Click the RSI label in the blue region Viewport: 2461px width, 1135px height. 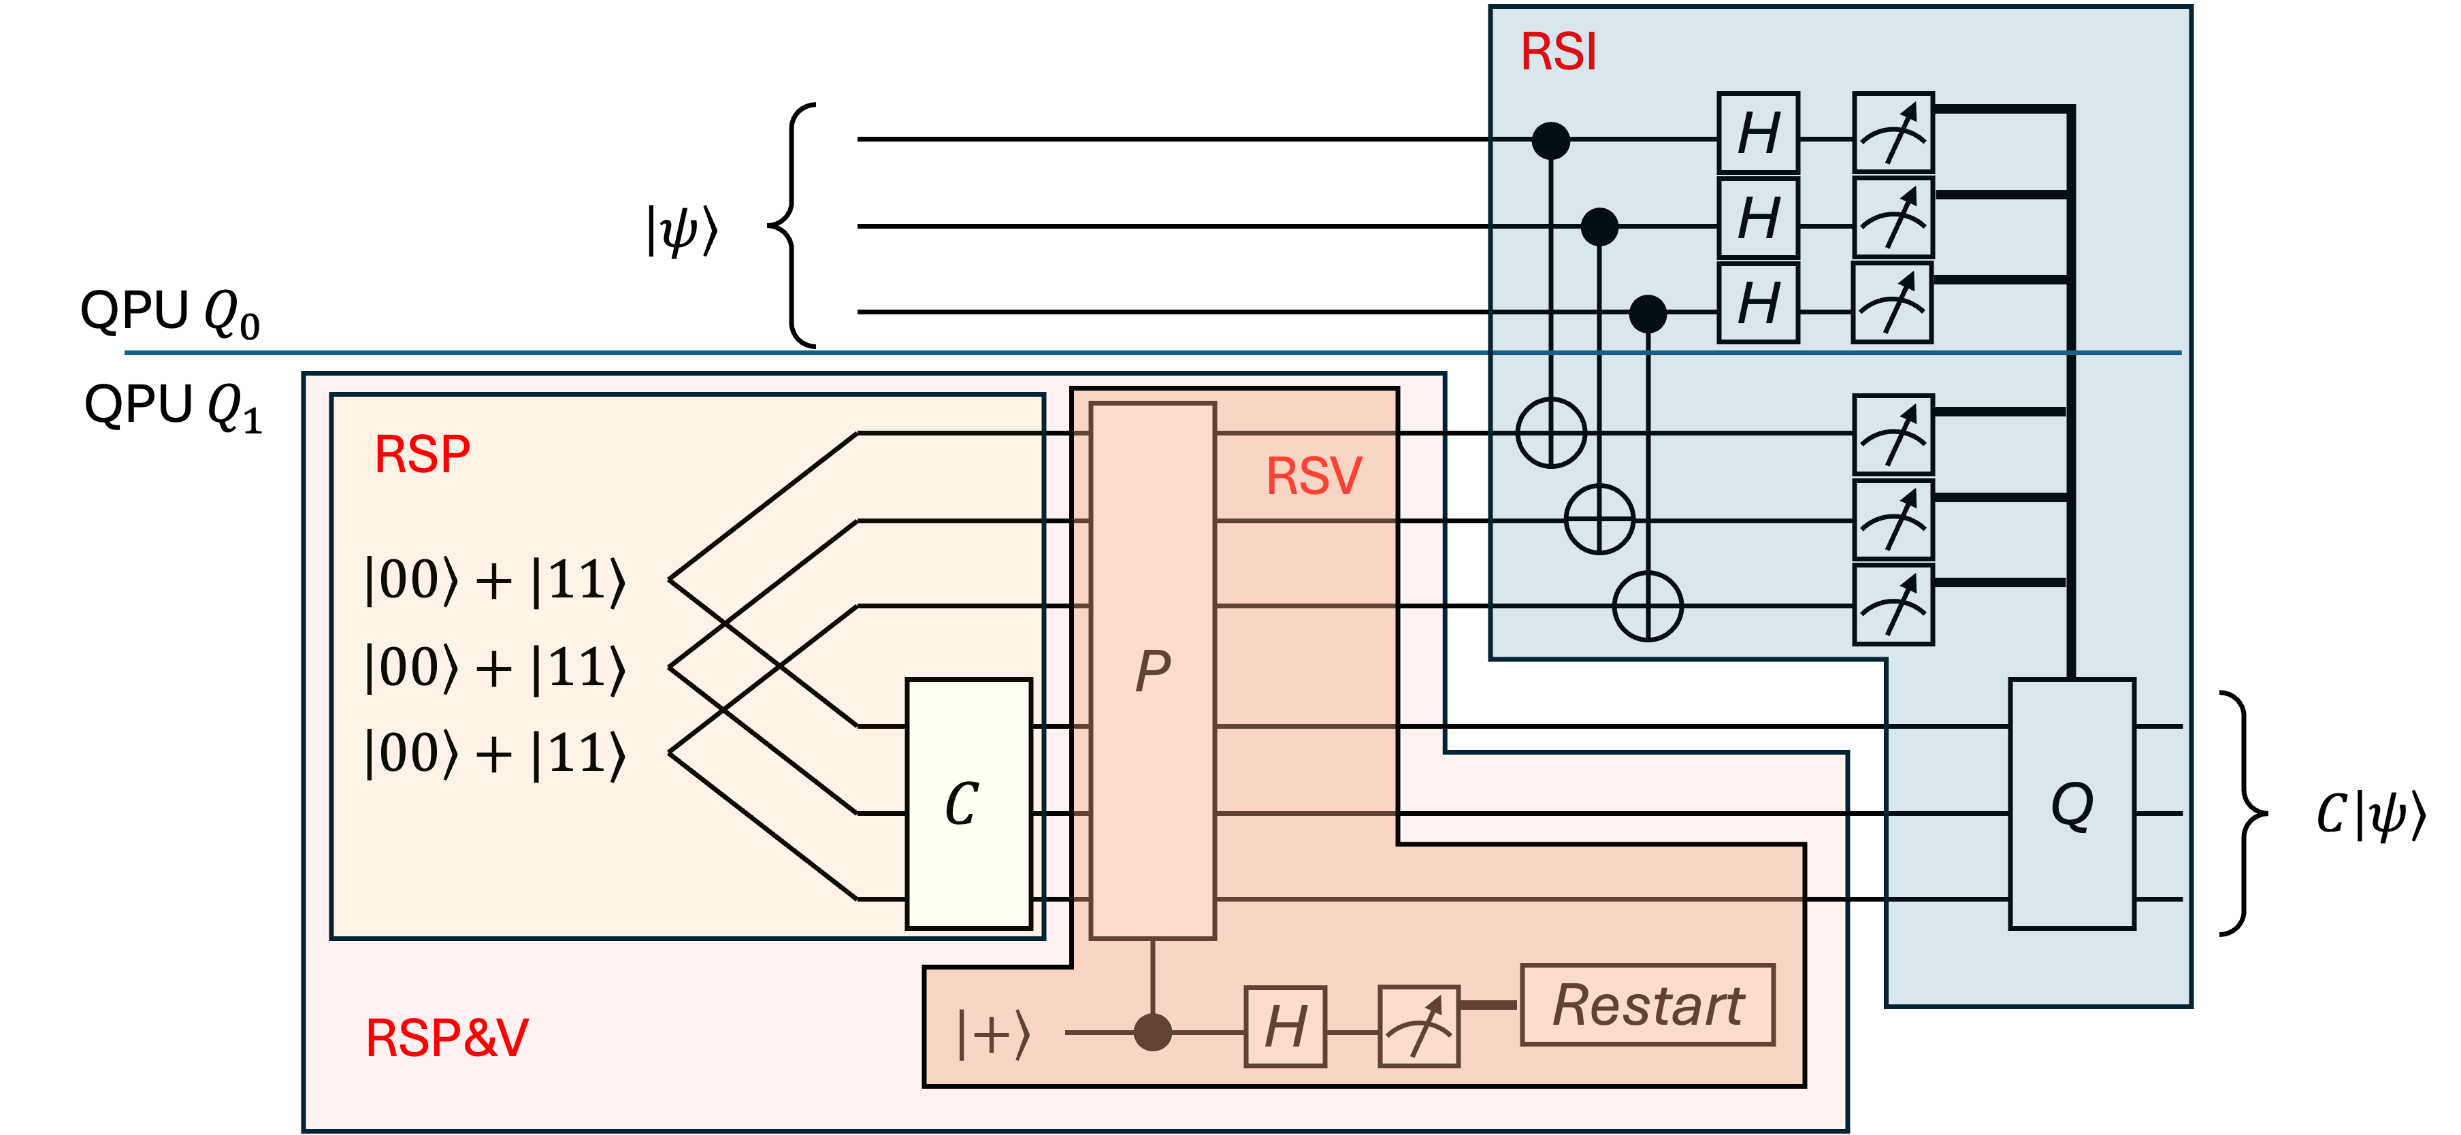(x=1558, y=52)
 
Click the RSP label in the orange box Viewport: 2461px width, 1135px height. (x=421, y=454)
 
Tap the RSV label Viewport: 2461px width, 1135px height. (x=1314, y=476)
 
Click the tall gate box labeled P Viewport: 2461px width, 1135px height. (x=1152, y=671)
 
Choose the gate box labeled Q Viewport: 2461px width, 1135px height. (x=2071, y=804)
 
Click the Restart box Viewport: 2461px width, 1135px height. (x=1647, y=1005)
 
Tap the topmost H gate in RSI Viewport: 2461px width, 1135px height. (x=1758, y=133)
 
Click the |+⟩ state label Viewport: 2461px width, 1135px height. (x=994, y=1034)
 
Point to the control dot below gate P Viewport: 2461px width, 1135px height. (x=1152, y=1032)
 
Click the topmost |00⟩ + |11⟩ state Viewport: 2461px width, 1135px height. (x=495, y=580)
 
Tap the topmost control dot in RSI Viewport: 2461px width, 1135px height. (x=1550, y=140)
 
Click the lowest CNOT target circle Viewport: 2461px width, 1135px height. (x=1647, y=606)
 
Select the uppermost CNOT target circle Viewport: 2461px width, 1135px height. (x=1550, y=433)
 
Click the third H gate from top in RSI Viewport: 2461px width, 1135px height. (x=1758, y=303)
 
